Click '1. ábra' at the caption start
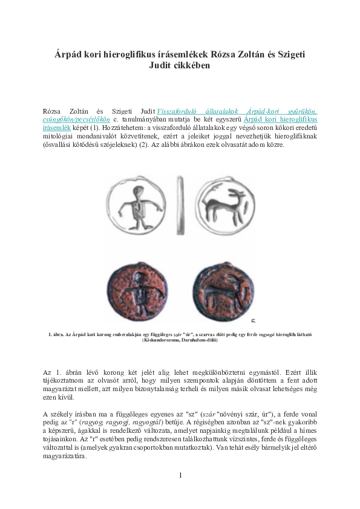(x=56, y=334)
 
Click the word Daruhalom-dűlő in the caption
(x=199, y=340)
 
